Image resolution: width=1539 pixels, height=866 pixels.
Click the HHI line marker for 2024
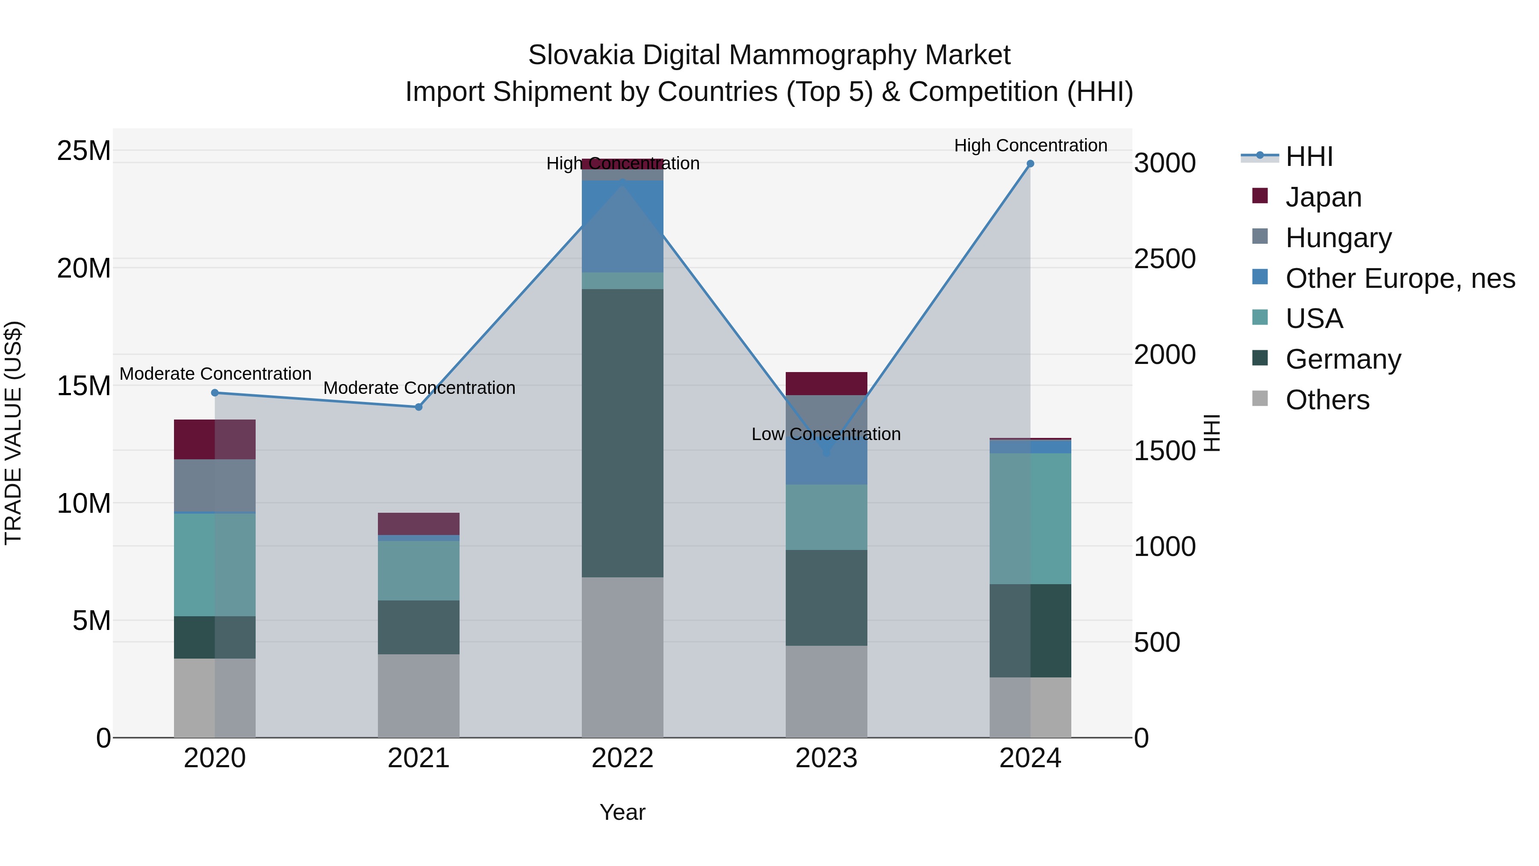point(1030,164)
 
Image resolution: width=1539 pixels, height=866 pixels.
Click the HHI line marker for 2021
point(419,407)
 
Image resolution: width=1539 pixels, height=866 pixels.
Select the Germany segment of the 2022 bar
point(622,433)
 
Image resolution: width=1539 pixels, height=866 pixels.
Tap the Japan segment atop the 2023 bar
point(826,383)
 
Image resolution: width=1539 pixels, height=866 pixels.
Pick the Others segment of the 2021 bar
point(419,696)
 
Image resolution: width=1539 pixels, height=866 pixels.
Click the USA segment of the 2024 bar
point(1030,518)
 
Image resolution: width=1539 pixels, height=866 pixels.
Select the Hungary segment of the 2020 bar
point(215,485)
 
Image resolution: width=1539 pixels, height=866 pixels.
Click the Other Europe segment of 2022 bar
point(622,227)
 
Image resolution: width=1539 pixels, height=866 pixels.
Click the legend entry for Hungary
point(1338,238)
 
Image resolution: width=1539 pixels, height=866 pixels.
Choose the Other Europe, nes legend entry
point(1400,278)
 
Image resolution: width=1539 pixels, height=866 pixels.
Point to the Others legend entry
point(1327,400)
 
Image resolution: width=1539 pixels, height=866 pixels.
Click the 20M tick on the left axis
point(84,268)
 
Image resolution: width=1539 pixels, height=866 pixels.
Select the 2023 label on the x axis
point(826,758)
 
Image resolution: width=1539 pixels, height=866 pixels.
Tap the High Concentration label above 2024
point(1030,145)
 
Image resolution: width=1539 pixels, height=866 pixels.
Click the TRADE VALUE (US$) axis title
point(13,433)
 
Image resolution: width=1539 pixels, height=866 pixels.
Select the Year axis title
point(622,812)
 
